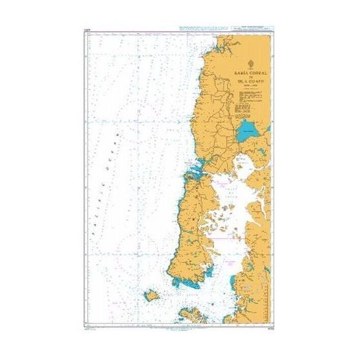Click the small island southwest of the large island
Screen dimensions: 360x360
[152, 296]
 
